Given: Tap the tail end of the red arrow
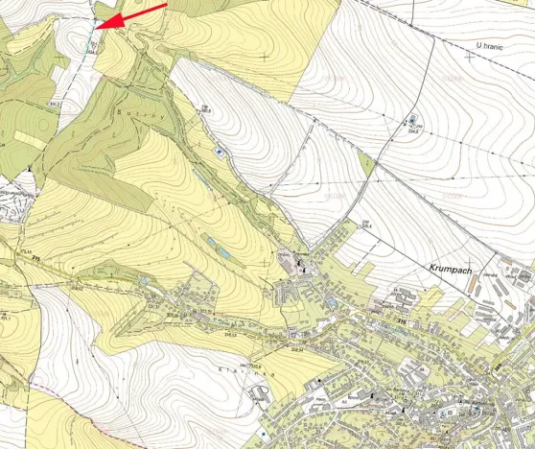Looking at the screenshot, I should (165, 4).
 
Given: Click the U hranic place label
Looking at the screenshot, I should (490, 43).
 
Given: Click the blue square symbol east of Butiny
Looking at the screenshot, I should (220, 151).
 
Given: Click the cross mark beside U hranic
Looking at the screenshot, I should (467, 55).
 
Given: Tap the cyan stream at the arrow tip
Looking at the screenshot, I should (94, 36).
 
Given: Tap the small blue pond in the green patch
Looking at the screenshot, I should (221, 252).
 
